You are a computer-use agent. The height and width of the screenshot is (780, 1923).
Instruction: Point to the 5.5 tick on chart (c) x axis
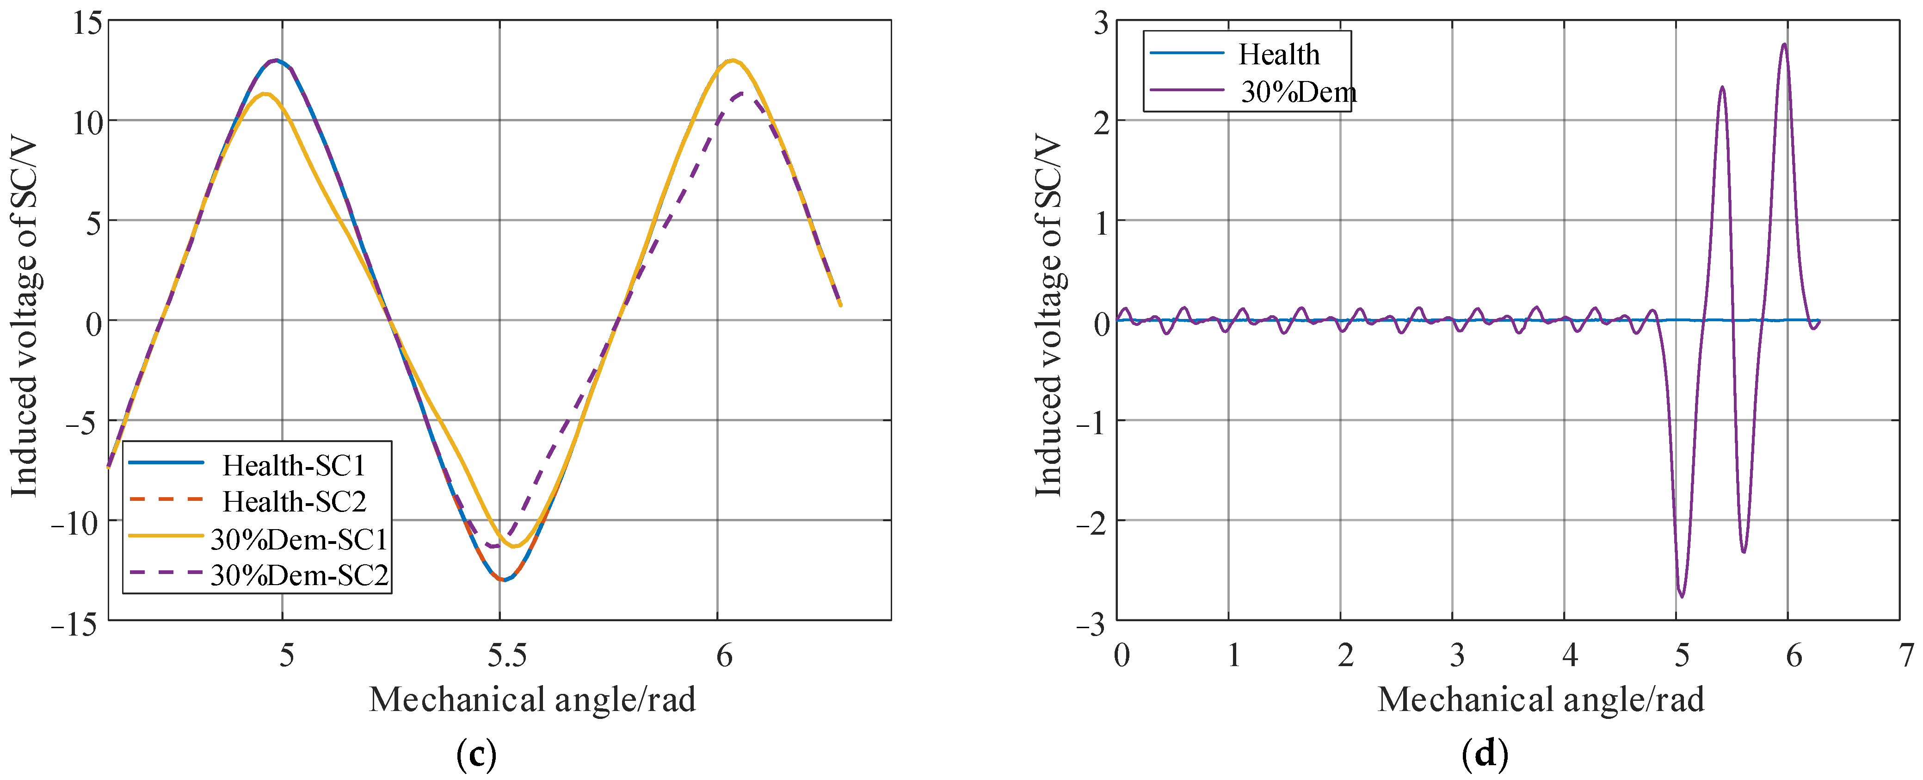click(507, 655)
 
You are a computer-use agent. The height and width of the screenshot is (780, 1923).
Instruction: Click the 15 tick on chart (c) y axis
click(86, 22)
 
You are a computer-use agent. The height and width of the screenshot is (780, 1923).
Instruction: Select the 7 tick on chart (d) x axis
click(1906, 655)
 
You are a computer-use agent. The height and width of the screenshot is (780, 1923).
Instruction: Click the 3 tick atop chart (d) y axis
click(1101, 22)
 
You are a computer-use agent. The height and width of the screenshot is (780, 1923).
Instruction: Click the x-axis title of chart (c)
click(532, 700)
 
